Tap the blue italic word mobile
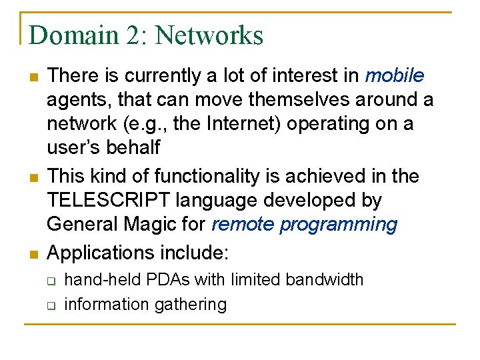click(x=395, y=75)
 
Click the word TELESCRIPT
click(x=111, y=200)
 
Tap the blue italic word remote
click(x=243, y=224)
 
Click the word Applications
click(x=102, y=253)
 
